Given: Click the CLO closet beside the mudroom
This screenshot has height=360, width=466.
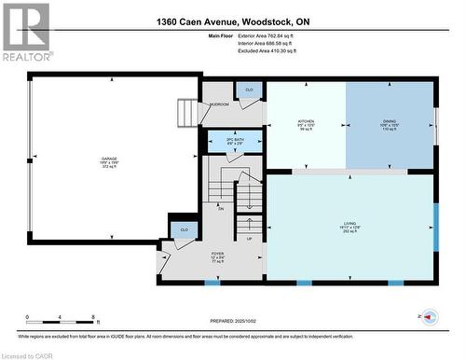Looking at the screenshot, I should (248, 90).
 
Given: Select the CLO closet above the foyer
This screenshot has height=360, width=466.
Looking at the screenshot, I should (184, 228).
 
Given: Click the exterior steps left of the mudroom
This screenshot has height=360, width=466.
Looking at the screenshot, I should (188, 112).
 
